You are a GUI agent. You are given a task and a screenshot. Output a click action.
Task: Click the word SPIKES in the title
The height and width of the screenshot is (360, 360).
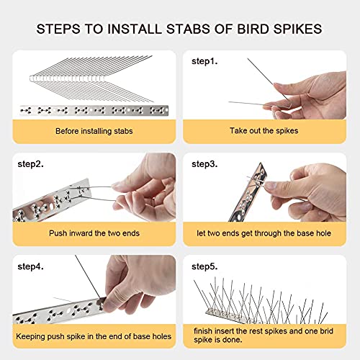pos(297,30)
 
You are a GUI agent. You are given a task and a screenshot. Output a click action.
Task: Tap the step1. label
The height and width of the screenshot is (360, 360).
pos(204,62)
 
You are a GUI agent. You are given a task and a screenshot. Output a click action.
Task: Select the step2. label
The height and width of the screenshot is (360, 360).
pos(30,164)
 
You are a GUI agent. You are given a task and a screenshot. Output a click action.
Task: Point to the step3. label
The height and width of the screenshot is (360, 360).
pos(204,164)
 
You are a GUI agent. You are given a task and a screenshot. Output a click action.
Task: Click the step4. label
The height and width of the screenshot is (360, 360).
pos(30,266)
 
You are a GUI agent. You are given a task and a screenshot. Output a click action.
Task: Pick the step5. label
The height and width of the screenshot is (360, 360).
pos(204,266)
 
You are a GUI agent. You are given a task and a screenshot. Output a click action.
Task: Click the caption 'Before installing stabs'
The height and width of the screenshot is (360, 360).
pos(94,131)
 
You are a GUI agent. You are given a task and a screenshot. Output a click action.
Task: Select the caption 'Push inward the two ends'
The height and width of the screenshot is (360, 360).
pos(94,233)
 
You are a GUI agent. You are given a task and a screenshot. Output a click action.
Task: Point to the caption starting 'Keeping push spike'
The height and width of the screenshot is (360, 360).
pos(94,336)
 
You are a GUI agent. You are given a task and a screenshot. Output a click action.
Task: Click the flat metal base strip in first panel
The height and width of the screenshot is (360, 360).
pos(94,111)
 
